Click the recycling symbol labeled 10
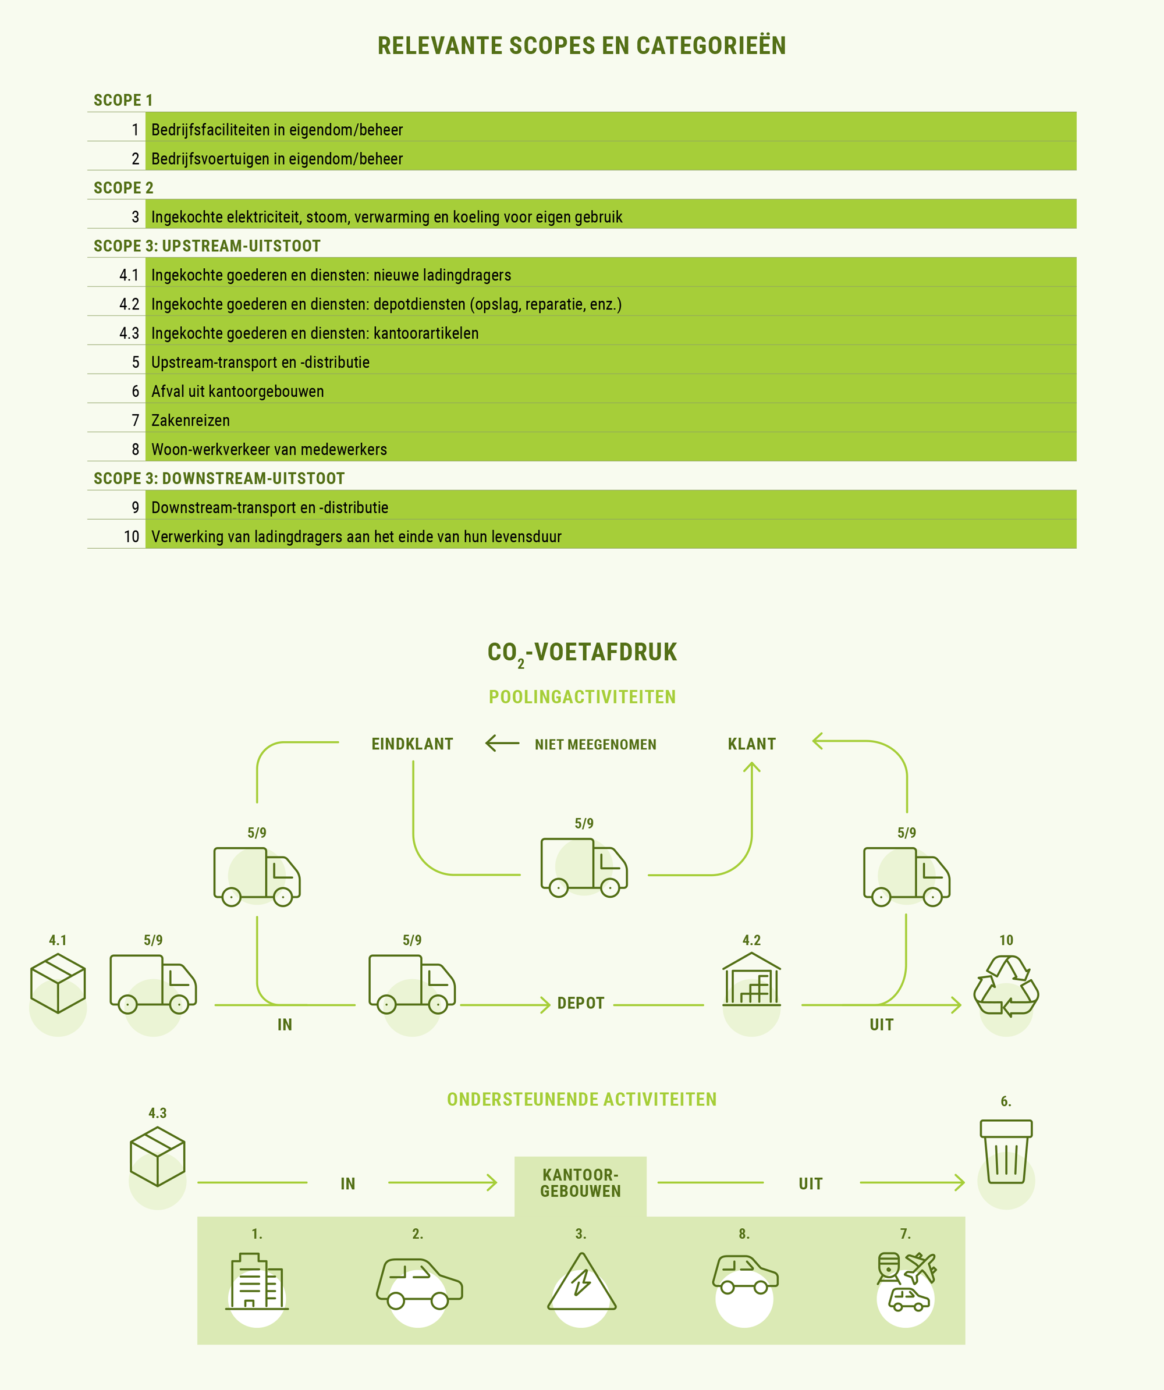point(1006,986)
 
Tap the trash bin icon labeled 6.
point(1006,1151)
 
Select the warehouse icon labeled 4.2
point(751,979)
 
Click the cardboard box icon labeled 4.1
point(58,983)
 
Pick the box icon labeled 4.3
point(158,1156)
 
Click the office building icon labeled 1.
point(257,1281)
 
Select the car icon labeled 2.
point(419,1284)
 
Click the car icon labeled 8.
point(745,1274)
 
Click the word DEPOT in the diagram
point(581,1004)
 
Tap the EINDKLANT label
point(413,744)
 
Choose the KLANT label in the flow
point(751,744)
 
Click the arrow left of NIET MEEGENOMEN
point(502,744)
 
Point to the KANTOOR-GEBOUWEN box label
point(581,1183)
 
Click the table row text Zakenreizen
point(191,420)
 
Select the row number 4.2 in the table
point(129,304)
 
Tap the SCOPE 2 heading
point(123,188)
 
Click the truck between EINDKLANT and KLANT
point(584,867)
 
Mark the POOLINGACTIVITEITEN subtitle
point(582,697)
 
